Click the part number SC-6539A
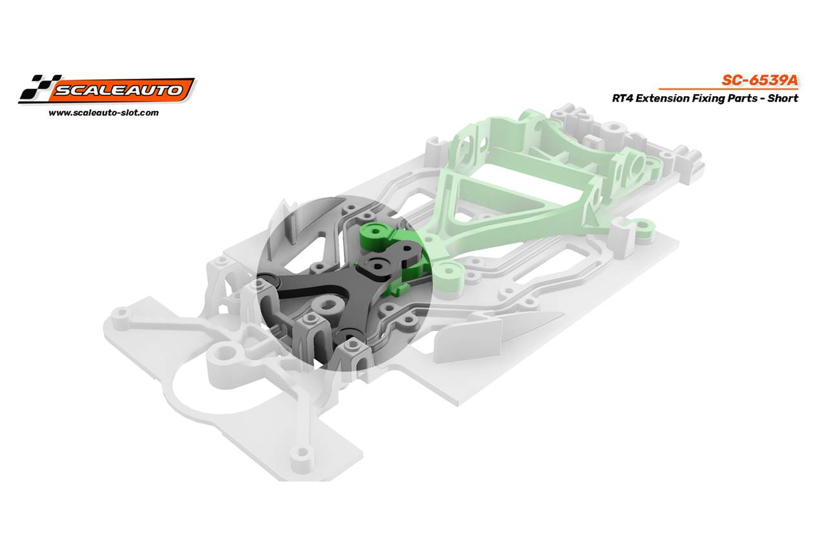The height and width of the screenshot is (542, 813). (x=759, y=81)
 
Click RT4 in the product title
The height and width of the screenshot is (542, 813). (x=622, y=98)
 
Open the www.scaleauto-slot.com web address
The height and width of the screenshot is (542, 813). (x=104, y=113)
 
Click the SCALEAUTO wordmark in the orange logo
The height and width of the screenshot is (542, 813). (x=119, y=90)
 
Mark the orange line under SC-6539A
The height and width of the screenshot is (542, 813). (x=728, y=89)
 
